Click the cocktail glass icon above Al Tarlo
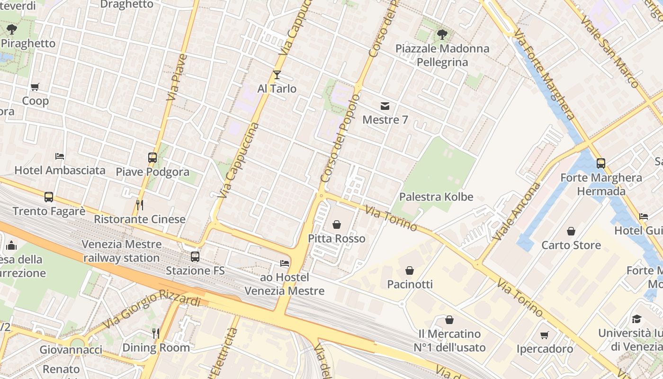click(x=277, y=75)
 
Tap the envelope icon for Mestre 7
click(x=385, y=106)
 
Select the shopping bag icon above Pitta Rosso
click(x=337, y=224)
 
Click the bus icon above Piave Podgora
click(x=152, y=158)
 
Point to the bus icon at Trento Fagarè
click(x=49, y=197)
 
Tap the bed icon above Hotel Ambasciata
click(x=60, y=156)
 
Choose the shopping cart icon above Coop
click(x=35, y=87)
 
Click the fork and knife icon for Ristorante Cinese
click(x=140, y=205)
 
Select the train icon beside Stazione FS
click(x=195, y=257)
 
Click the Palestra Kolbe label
click(x=436, y=197)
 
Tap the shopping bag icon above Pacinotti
click(x=410, y=271)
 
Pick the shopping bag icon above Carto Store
click(x=571, y=231)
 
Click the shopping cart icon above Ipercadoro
click(x=545, y=335)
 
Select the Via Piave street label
click(x=176, y=78)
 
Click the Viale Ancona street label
click(x=517, y=211)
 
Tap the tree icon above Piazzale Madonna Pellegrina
click(x=442, y=34)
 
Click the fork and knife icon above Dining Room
click(x=156, y=334)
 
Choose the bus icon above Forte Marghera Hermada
click(x=601, y=163)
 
